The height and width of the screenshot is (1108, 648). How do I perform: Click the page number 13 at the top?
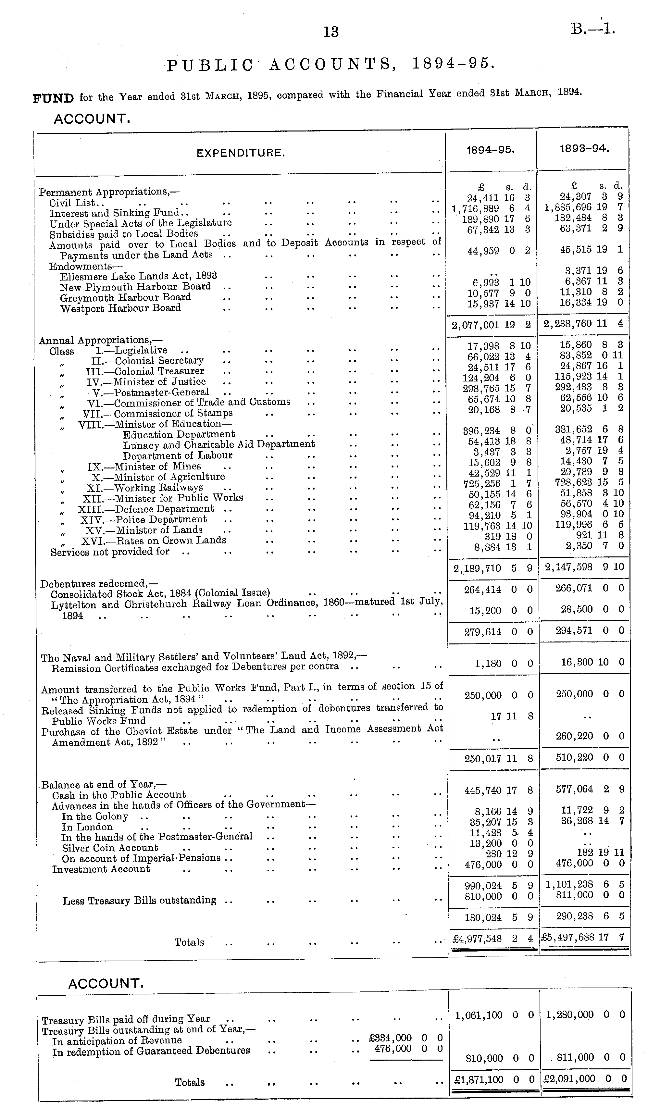pos(330,32)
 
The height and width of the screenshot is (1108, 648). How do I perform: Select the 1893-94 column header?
pos(584,149)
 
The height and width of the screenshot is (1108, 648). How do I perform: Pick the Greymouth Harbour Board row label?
pos(125,298)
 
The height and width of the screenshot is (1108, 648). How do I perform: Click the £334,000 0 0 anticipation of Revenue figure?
pos(405,1038)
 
